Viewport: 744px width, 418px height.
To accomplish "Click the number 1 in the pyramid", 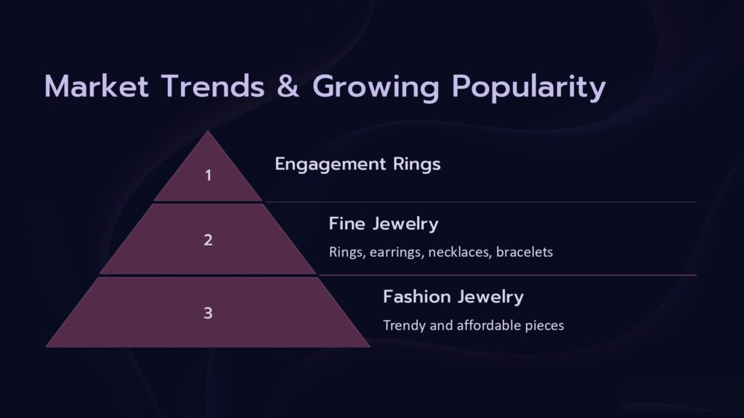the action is coord(209,176).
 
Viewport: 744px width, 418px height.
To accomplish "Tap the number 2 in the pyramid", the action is coord(209,239).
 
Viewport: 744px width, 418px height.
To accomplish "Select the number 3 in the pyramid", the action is coord(209,313).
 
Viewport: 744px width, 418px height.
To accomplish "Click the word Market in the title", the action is coord(97,86).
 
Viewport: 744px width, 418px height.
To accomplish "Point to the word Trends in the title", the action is coord(213,86).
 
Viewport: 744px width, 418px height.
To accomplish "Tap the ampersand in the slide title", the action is coord(288,86).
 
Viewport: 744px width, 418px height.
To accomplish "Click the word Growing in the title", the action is coord(376,88).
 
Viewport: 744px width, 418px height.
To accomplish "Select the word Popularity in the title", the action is coord(529,88).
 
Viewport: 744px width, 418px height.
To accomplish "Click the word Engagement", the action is coord(331,165).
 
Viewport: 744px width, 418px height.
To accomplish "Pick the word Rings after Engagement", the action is coord(417,165).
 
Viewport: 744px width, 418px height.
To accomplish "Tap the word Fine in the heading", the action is coord(347,224).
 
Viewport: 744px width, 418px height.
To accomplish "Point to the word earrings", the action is coord(396,252).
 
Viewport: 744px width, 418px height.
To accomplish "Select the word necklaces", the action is coord(459,252).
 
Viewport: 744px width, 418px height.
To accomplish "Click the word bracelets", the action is coord(525,252).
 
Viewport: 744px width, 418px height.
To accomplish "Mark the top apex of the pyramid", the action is coord(208,131).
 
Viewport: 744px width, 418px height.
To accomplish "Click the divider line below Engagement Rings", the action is coord(481,202).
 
